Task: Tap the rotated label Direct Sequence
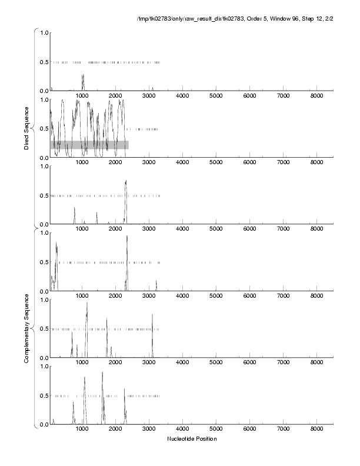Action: click(26, 128)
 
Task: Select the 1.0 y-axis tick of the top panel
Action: click(44, 32)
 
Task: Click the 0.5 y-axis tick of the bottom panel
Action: click(44, 395)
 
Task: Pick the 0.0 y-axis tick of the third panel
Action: click(44, 225)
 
